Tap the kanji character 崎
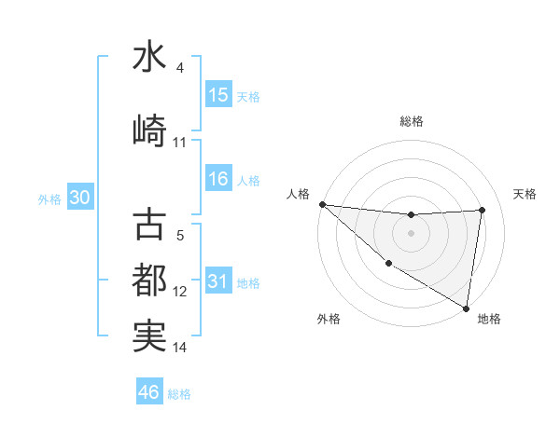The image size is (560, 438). point(149,130)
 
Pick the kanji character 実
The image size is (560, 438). point(149,335)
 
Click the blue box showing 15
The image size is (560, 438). point(218,95)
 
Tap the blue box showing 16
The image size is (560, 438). point(218,179)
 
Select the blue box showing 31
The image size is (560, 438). point(218,281)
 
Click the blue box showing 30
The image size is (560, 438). point(79,198)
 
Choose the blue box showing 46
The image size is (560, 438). point(149,392)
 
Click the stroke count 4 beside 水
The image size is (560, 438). point(180,67)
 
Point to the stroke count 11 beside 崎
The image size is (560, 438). point(180,142)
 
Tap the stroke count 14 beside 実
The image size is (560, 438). point(180,348)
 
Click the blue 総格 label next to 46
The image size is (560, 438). point(180,394)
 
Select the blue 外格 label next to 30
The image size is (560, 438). point(49,199)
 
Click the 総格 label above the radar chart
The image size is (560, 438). point(411,121)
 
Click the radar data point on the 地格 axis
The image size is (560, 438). point(466,308)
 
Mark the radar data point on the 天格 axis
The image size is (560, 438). point(483,210)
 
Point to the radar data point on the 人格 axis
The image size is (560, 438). point(322,204)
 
